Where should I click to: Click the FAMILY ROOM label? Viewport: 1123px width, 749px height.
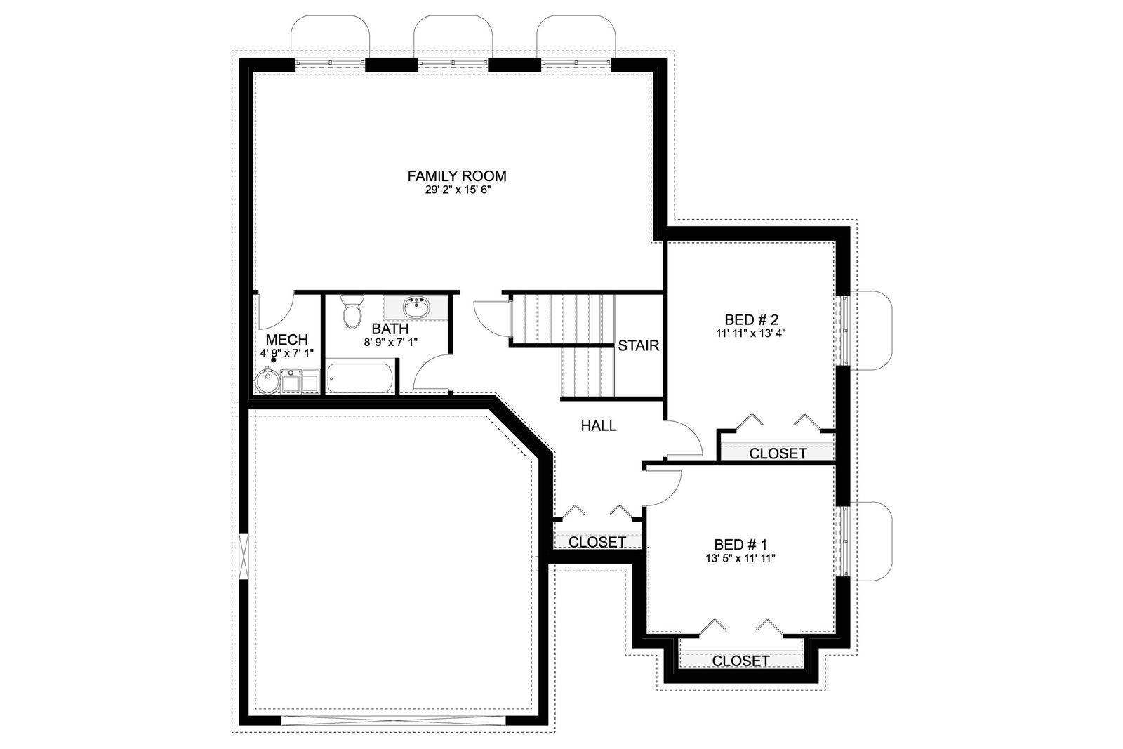(x=457, y=176)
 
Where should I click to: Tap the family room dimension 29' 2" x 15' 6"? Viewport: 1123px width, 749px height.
(x=457, y=190)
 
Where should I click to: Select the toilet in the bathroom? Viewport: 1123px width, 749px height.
(x=352, y=312)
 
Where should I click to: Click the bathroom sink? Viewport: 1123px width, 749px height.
(x=416, y=307)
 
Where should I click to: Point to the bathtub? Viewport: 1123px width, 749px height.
(x=360, y=377)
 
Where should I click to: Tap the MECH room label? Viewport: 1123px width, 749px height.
(x=287, y=340)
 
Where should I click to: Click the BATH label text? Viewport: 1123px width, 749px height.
(x=390, y=329)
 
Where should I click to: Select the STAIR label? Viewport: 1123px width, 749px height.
(x=638, y=345)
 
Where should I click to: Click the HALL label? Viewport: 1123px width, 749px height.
(x=599, y=425)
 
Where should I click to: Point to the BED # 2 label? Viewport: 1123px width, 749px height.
(x=751, y=319)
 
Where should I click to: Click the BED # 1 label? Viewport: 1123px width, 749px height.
(x=740, y=544)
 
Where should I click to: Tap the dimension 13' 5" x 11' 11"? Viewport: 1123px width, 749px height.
(x=740, y=558)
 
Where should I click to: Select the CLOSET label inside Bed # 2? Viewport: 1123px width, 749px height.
(x=778, y=453)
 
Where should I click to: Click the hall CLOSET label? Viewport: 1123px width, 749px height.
(x=597, y=542)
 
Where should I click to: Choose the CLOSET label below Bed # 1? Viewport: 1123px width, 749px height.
(x=741, y=661)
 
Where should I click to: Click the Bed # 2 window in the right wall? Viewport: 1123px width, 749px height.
(x=843, y=331)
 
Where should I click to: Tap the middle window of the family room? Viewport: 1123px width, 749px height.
(x=453, y=62)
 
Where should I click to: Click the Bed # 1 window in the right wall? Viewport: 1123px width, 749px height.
(x=843, y=541)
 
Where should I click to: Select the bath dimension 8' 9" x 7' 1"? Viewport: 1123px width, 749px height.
(x=390, y=343)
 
